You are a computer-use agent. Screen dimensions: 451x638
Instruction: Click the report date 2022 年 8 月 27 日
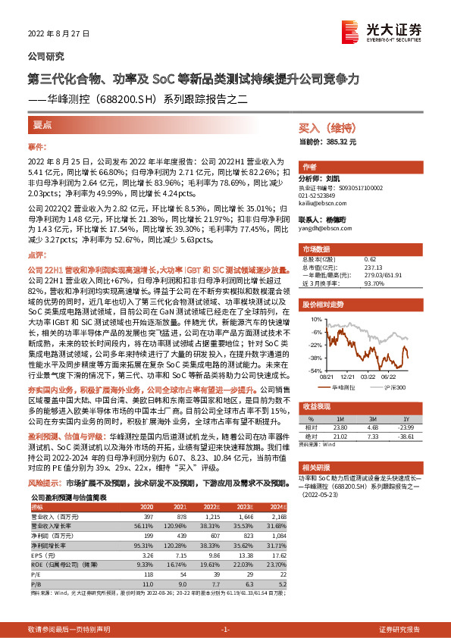point(59,33)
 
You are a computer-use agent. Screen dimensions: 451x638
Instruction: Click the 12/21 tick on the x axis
point(348,376)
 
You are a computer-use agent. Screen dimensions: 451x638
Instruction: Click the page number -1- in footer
point(225,630)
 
